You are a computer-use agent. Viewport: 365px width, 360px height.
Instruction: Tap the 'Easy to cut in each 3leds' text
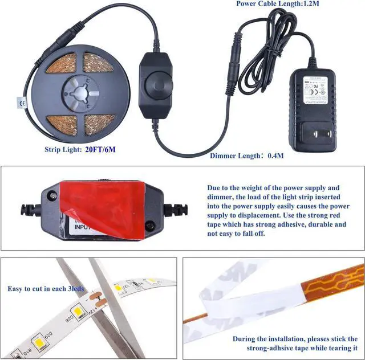point(46,289)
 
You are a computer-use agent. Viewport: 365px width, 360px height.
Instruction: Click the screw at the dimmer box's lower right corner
point(149,226)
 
